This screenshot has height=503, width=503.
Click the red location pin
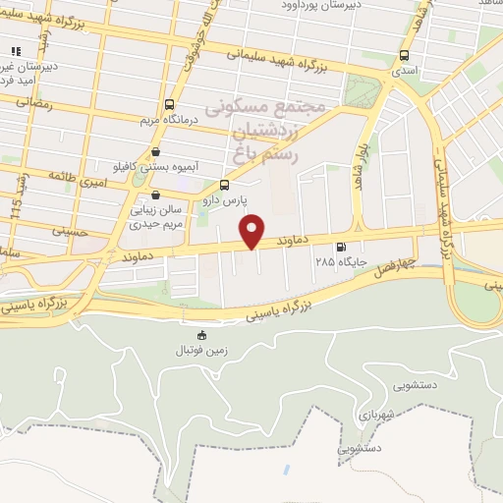pos(253,230)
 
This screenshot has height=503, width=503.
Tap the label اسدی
pos(405,72)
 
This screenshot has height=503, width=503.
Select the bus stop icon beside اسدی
pos(405,56)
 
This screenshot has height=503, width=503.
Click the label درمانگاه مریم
pos(170,121)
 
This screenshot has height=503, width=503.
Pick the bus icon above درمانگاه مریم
pos(170,104)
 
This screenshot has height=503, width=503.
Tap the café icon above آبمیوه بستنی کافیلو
pos(157,151)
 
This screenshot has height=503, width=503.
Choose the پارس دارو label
pos(225,199)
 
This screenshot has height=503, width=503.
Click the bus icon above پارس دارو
pos(225,184)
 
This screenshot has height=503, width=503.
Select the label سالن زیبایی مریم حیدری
pos(157,217)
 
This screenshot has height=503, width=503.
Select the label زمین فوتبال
pos(202,351)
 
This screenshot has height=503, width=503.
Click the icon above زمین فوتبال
pos(202,335)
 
